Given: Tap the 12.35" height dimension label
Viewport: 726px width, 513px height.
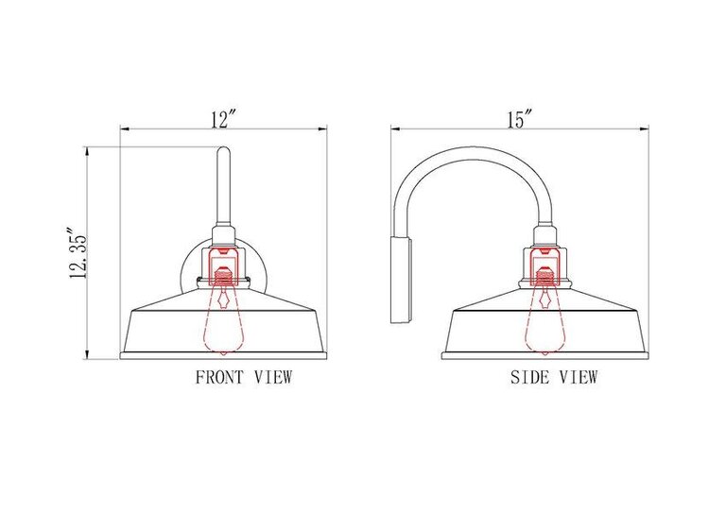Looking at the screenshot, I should (x=78, y=253).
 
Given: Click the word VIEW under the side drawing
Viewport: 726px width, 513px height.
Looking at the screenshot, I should (x=579, y=377).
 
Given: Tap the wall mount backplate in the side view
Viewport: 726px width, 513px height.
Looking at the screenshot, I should (x=402, y=281).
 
